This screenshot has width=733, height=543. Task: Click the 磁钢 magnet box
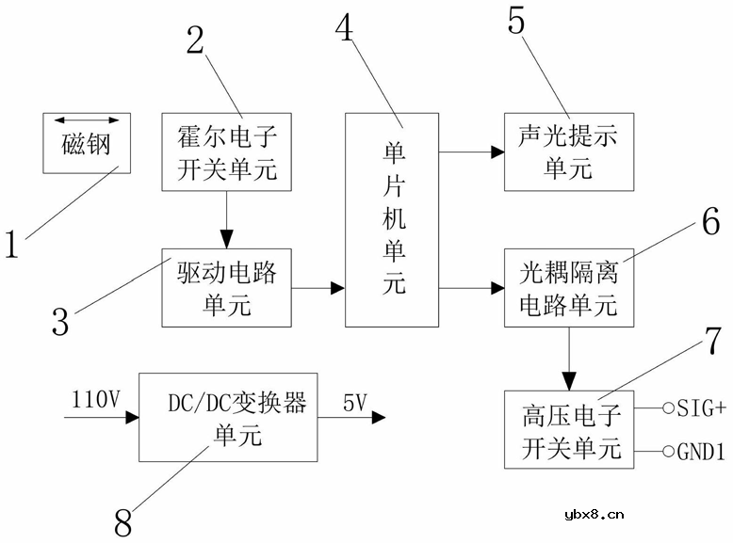coord(86,143)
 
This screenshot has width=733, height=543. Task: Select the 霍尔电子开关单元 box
coord(226,151)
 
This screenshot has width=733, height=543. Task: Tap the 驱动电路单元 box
coord(226,287)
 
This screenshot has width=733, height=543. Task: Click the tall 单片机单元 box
coord(392,219)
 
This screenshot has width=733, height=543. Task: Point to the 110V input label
coord(95,400)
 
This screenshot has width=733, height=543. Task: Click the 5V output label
coord(355,402)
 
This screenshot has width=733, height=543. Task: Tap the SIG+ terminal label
coord(701,407)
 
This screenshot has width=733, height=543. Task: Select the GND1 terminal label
coord(701,453)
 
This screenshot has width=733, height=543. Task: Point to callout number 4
coord(346,30)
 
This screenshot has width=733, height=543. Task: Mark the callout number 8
coord(123,522)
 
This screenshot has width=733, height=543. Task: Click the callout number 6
coord(709,222)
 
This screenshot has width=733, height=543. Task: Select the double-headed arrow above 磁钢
coord(86,121)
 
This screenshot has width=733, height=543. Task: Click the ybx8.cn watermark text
coord(594,514)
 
